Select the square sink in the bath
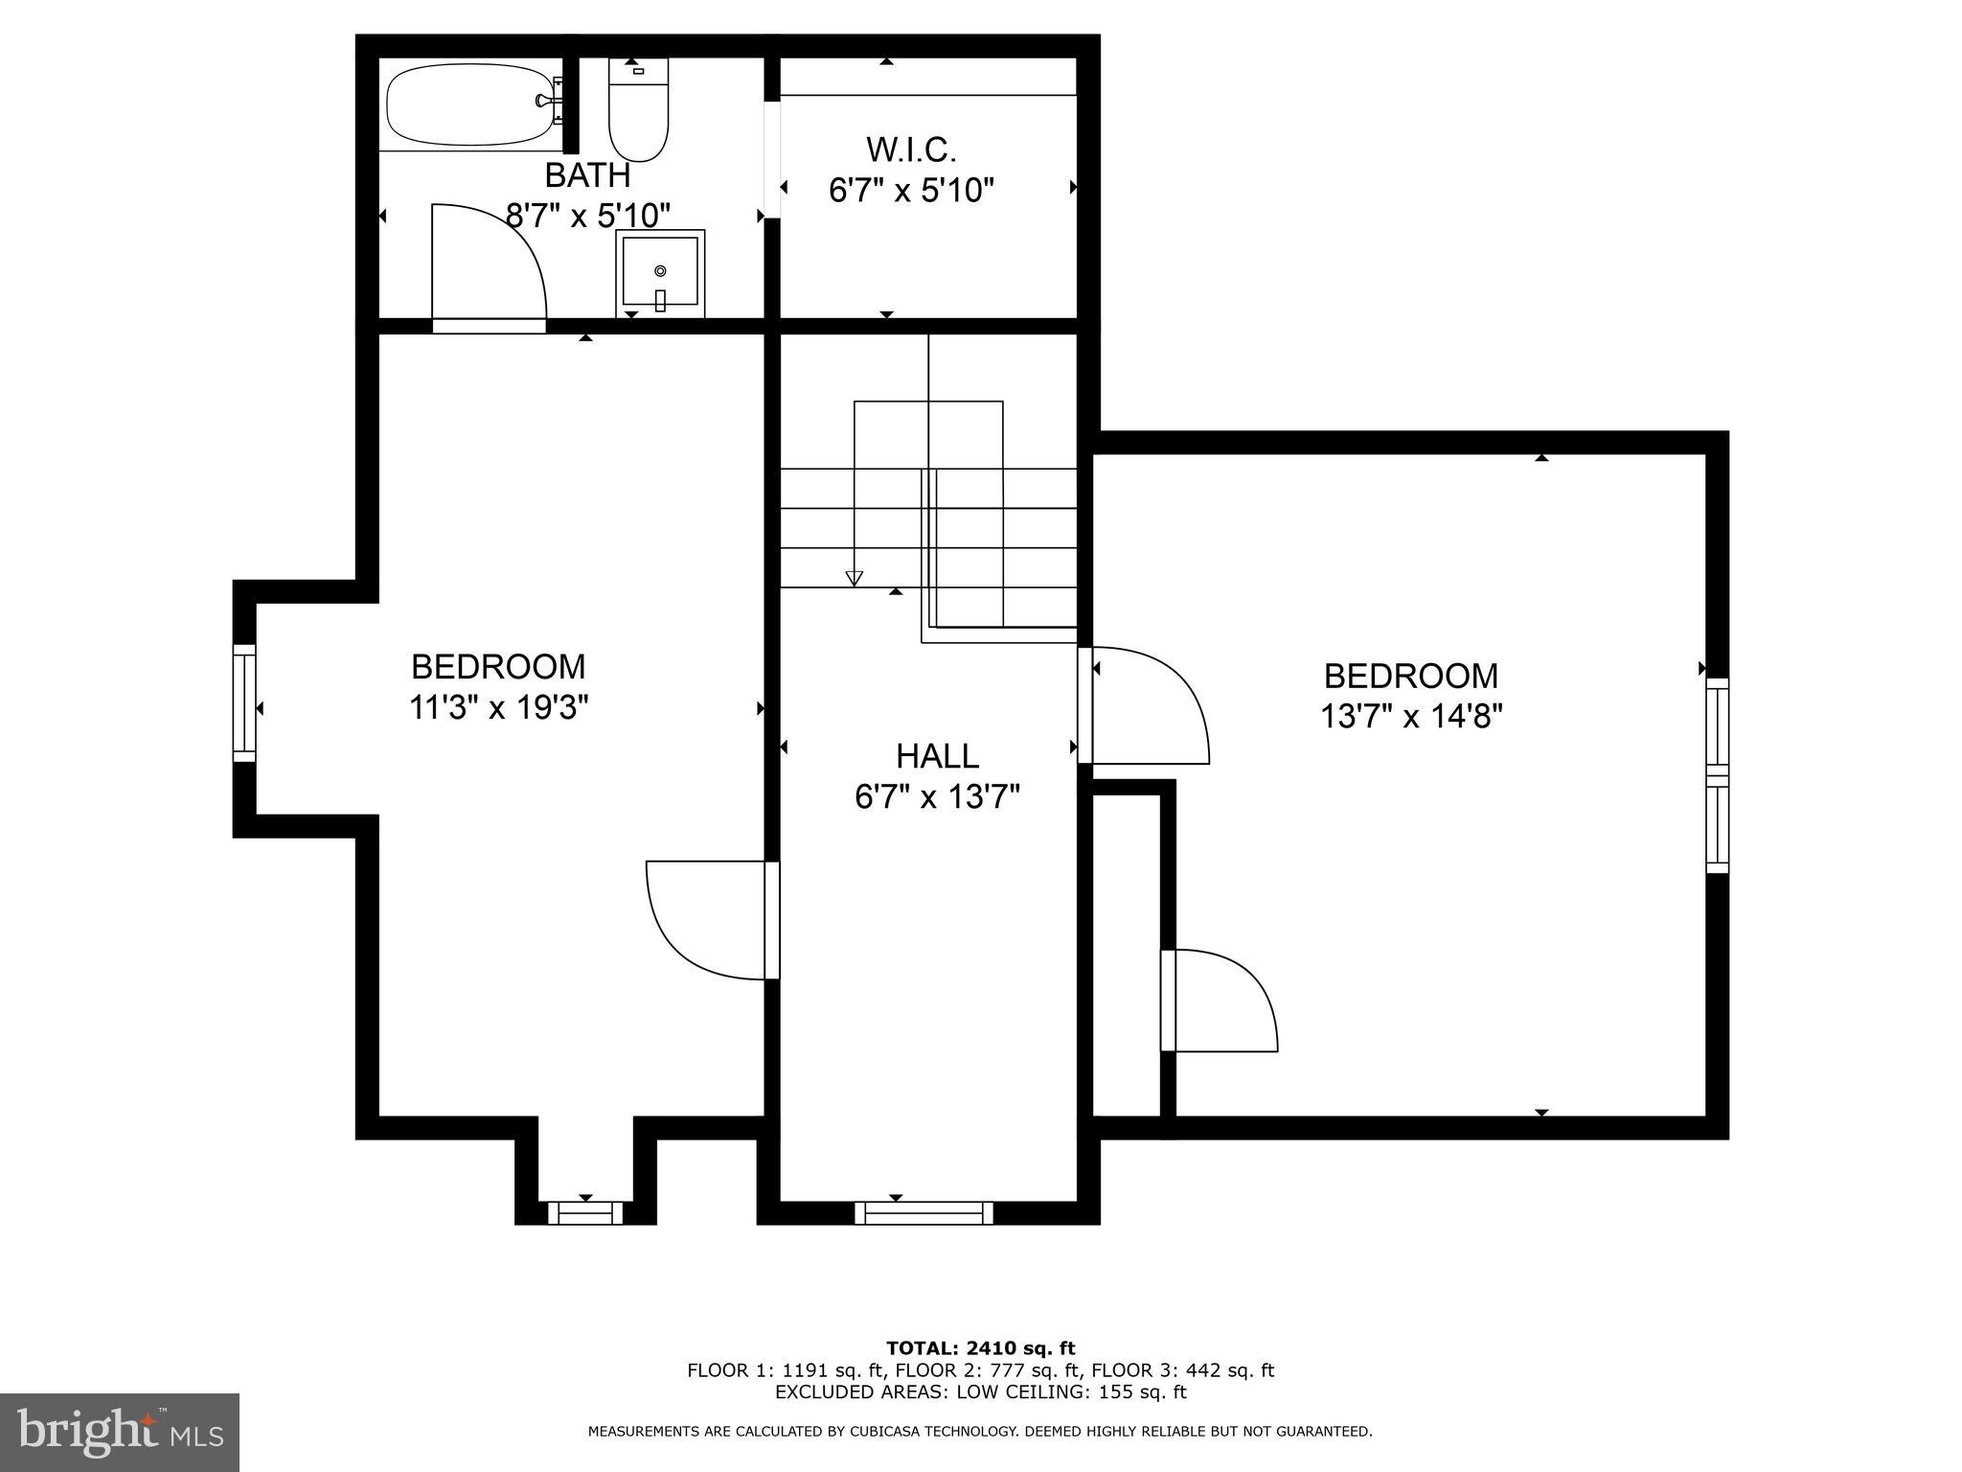[660, 273]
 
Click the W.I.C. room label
[911, 149]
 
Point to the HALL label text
[937, 756]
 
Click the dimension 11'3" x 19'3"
[498, 708]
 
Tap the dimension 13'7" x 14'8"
[1411, 717]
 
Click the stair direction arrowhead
[854, 578]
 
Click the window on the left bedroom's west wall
[245, 703]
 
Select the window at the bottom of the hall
[924, 1213]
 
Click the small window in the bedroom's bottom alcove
[585, 1213]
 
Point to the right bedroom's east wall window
[1717, 775]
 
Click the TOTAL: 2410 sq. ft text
[980, 1348]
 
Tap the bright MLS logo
[120, 1432]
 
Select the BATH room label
[587, 175]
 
